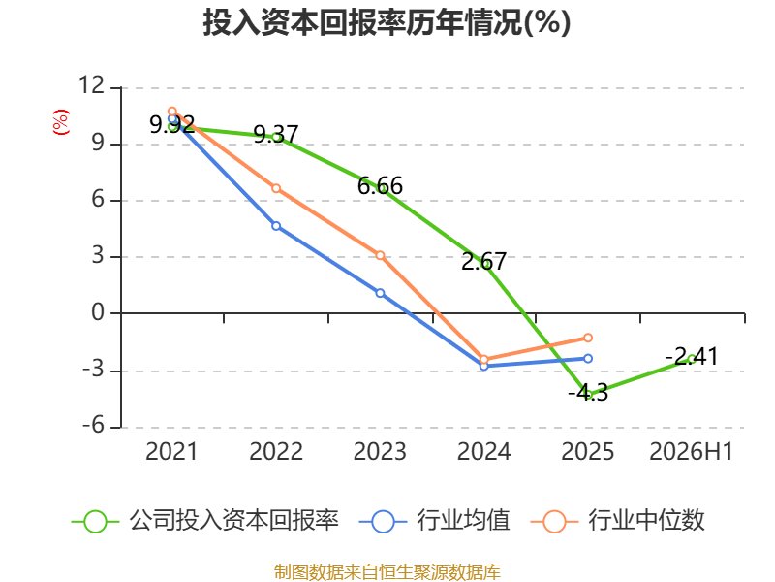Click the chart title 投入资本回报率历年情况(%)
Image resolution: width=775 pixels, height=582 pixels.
(387, 22)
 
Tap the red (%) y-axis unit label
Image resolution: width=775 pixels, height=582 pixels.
(61, 122)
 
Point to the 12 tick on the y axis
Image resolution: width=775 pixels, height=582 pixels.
(91, 85)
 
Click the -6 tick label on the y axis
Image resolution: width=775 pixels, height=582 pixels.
(94, 425)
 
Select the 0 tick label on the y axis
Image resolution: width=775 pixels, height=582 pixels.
(98, 312)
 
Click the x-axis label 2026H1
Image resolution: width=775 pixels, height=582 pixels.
(691, 451)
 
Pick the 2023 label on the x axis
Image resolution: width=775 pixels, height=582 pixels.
(380, 451)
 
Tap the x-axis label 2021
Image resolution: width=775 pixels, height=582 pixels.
(171, 451)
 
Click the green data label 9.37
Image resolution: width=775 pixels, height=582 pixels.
(276, 134)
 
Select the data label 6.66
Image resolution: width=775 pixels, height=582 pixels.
(380, 186)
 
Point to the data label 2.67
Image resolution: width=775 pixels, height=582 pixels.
(483, 261)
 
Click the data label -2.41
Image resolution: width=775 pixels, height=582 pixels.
(692, 356)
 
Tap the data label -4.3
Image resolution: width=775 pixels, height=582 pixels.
(588, 393)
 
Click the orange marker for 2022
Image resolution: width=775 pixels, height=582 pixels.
(276, 188)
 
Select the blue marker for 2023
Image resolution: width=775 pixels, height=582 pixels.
(380, 293)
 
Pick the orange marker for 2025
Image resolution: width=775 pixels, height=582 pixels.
(588, 338)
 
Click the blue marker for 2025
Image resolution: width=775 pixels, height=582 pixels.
(588, 358)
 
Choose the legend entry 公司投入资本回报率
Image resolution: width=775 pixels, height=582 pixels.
(205, 521)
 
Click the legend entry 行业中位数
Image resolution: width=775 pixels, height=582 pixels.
(618, 521)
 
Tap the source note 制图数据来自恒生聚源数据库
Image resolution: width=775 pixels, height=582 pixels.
(387, 572)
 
